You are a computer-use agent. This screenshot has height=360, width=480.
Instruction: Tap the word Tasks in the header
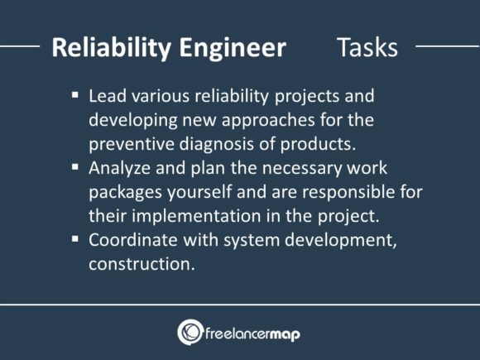[x=367, y=47]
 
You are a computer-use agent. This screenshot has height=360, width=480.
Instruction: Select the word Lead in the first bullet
[x=107, y=95]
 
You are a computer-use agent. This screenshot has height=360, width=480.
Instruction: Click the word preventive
[x=129, y=142]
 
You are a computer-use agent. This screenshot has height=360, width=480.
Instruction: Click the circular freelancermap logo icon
[x=190, y=331]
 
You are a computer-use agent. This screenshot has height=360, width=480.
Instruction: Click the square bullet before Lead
[x=76, y=96]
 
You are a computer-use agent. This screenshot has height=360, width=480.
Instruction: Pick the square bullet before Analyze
[x=76, y=169]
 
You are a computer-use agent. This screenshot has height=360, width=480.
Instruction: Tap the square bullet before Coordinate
[x=76, y=241]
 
